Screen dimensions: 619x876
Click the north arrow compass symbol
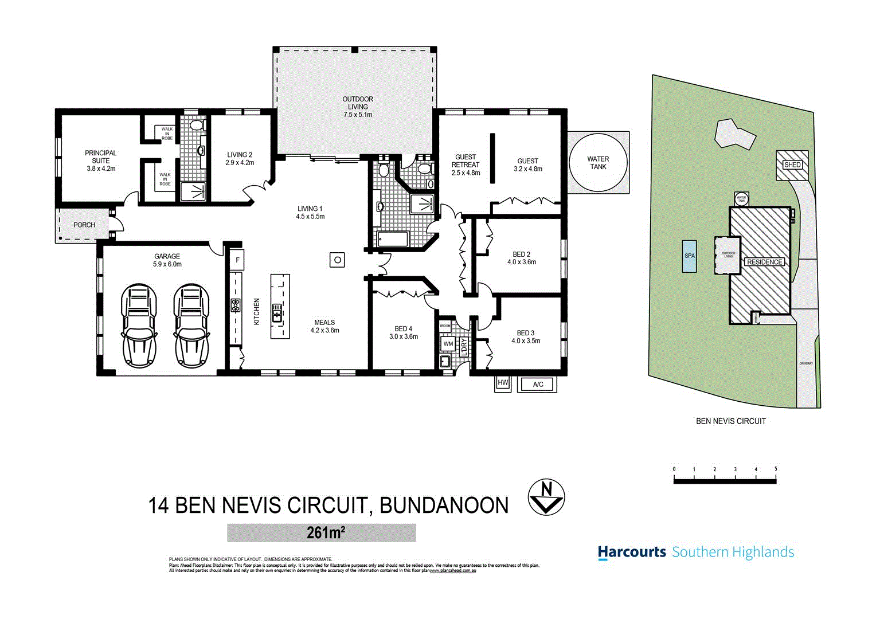click(546, 497)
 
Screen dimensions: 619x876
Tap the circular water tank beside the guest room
click(598, 163)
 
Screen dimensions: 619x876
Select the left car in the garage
click(138, 325)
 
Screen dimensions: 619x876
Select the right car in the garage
click(191, 325)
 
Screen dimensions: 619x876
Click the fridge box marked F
click(237, 260)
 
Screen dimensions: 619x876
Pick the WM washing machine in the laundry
click(448, 344)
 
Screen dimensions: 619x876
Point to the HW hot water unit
click(503, 383)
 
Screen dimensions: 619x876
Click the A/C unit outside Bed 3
click(537, 384)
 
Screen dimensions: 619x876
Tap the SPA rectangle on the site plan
click(689, 256)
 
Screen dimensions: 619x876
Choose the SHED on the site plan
click(792, 165)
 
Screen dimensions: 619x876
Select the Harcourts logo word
click(631, 553)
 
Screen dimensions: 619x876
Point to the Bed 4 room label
click(403, 332)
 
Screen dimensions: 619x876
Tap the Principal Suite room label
click(101, 160)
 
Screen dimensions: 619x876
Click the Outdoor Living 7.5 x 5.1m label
click(358, 107)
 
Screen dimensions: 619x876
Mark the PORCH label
click(84, 225)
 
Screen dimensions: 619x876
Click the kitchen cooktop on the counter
click(235, 305)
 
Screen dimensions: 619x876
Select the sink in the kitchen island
click(277, 313)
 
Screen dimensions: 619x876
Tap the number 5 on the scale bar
click(776, 469)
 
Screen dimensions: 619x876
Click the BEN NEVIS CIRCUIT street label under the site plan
click(730, 421)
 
